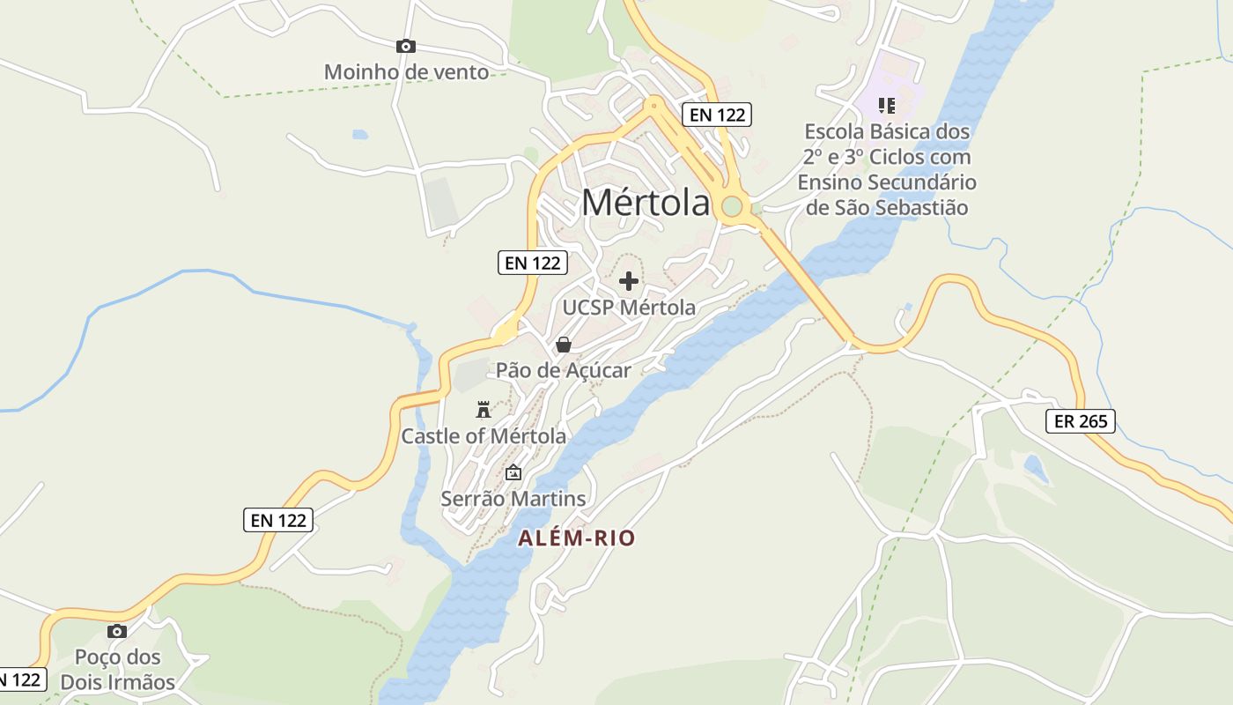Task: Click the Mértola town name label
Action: pyautogui.click(x=646, y=203)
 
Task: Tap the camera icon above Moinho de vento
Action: pyautogui.click(x=406, y=46)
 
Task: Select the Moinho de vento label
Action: pyautogui.click(x=406, y=72)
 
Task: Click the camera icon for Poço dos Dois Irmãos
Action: pyautogui.click(x=117, y=631)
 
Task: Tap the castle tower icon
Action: pyautogui.click(x=483, y=409)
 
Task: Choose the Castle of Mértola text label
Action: pyautogui.click(x=484, y=436)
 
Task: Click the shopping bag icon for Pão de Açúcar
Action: pyautogui.click(x=563, y=344)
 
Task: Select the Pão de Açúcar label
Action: pyautogui.click(x=563, y=370)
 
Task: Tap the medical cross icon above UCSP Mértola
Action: pyautogui.click(x=629, y=281)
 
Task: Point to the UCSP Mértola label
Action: pyautogui.click(x=629, y=308)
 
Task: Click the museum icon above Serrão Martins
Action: pyautogui.click(x=513, y=472)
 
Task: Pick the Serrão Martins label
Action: pyautogui.click(x=513, y=499)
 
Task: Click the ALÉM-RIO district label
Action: pyautogui.click(x=576, y=538)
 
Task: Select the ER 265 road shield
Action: pyautogui.click(x=1081, y=421)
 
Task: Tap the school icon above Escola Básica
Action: pyautogui.click(x=887, y=106)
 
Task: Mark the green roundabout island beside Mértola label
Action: pyautogui.click(x=732, y=207)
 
